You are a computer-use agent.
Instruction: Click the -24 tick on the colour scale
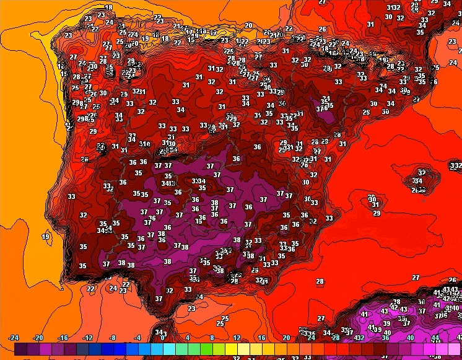[x=14, y=338]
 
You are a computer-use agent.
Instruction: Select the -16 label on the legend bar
[x=63, y=338]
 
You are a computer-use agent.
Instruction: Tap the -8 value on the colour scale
[x=112, y=338]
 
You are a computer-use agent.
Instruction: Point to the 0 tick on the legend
[x=162, y=338]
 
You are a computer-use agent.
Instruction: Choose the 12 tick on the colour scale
[x=237, y=338]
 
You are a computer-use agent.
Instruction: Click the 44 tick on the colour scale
[x=434, y=338]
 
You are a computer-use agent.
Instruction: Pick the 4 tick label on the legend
[x=187, y=338]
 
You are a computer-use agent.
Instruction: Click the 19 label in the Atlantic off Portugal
[x=46, y=237]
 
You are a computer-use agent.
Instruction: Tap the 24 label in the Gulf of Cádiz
[x=113, y=288]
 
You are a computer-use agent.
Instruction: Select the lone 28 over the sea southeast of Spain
[x=320, y=282]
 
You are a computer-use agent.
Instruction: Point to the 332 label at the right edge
[x=455, y=166]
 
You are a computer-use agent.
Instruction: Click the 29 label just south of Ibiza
[x=377, y=213]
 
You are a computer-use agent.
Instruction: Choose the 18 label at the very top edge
[x=109, y=8]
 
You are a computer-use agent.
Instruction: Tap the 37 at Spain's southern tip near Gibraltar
[x=159, y=299]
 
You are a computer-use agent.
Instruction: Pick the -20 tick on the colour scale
[x=38, y=338]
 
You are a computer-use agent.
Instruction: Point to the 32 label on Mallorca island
[x=422, y=172]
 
